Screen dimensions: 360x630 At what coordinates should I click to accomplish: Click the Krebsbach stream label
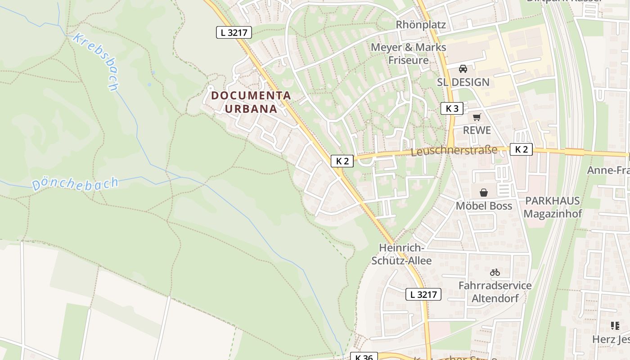tap(96, 62)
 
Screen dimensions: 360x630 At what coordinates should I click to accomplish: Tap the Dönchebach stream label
tap(75, 184)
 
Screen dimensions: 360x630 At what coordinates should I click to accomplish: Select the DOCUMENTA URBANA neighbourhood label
tap(251, 102)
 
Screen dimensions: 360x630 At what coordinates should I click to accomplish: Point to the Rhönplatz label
tap(421, 25)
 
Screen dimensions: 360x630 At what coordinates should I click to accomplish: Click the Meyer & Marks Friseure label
tap(408, 54)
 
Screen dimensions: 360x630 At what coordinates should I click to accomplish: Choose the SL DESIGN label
tap(463, 82)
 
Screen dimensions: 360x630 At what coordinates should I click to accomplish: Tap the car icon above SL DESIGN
tap(463, 69)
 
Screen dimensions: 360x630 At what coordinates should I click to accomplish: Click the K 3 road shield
tap(452, 108)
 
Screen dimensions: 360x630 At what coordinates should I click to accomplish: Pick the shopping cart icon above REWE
tap(477, 117)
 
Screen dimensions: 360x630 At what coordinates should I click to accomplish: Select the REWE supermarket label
tap(477, 130)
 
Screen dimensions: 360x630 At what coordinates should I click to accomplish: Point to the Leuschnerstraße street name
tap(454, 151)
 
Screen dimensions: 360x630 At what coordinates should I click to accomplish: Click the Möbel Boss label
tap(484, 206)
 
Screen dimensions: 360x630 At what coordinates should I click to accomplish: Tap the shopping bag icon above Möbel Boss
tap(484, 193)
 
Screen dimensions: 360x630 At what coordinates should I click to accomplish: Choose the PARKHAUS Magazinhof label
tap(553, 207)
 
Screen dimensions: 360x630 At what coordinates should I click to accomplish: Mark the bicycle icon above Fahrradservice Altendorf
tap(495, 272)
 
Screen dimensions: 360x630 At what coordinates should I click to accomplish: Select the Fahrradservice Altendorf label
tap(495, 292)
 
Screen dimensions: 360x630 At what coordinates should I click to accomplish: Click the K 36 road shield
tap(364, 357)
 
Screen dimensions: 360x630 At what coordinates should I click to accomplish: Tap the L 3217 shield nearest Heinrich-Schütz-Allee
tap(423, 294)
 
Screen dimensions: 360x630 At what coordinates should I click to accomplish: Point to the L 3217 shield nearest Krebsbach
tap(234, 32)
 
